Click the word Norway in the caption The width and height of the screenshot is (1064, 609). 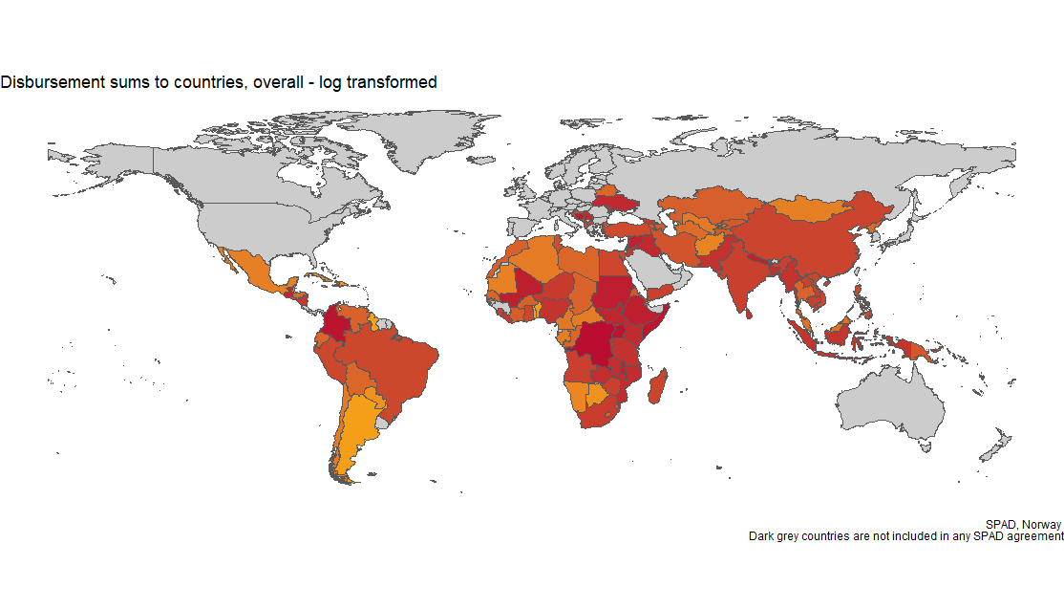click(1042, 525)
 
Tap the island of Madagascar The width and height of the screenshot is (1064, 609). click(657, 387)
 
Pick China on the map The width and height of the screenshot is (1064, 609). click(812, 239)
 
